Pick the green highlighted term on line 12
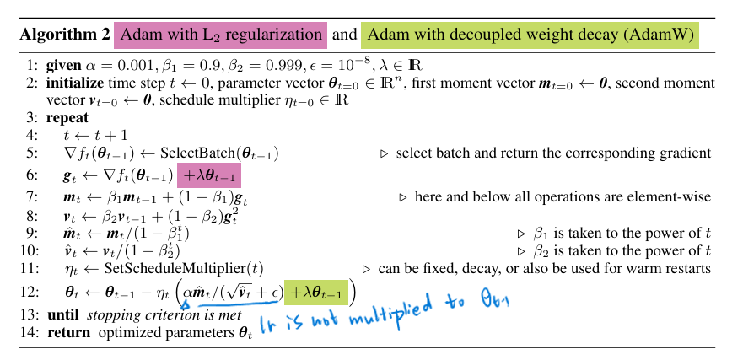[315, 292]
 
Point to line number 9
[33, 233]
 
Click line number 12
[31, 292]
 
